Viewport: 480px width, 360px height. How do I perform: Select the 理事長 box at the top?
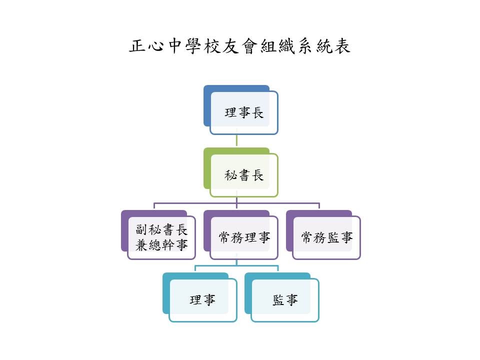(x=244, y=113)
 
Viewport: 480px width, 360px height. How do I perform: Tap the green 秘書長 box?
(x=244, y=175)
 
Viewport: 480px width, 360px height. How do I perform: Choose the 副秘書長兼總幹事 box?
(x=161, y=237)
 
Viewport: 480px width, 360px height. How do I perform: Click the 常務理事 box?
(x=244, y=237)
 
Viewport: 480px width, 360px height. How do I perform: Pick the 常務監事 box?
(x=326, y=237)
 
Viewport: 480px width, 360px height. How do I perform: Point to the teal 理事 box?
(x=202, y=300)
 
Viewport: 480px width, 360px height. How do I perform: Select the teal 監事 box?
(x=285, y=300)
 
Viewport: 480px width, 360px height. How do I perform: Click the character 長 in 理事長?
(x=257, y=113)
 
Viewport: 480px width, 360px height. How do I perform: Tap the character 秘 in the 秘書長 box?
(x=231, y=175)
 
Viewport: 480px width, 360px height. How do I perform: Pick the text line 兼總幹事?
(x=161, y=245)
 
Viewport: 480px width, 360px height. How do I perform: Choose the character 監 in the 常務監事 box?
(x=333, y=237)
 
